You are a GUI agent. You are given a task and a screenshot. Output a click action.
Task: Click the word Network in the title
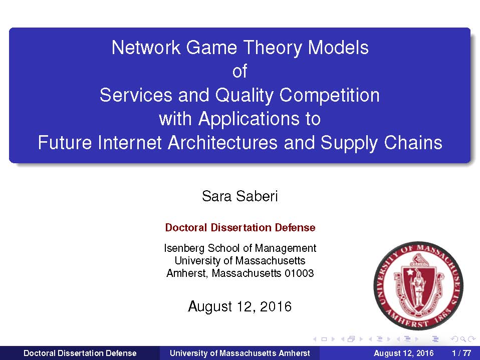(x=146, y=48)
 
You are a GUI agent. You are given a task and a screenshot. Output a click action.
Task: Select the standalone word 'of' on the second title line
(x=239, y=71)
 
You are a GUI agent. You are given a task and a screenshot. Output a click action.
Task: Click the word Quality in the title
(x=244, y=96)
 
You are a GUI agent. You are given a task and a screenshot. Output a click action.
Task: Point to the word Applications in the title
(x=249, y=119)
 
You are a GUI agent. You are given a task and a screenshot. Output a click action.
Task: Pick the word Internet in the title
(x=129, y=143)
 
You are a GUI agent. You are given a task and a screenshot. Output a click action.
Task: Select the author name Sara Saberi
(x=239, y=196)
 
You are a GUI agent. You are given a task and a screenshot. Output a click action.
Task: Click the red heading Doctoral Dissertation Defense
(x=240, y=227)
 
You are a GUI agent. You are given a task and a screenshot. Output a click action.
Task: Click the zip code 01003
(x=299, y=273)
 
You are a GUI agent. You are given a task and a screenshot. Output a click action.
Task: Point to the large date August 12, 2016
(x=239, y=306)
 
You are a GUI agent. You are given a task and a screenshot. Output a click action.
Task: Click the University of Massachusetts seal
(x=418, y=286)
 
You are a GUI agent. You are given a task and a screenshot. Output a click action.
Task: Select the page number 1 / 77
(x=461, y=353)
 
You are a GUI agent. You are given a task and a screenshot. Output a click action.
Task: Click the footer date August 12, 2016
(x=403, y=353)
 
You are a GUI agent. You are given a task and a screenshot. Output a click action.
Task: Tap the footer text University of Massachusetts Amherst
(x=239, y=353)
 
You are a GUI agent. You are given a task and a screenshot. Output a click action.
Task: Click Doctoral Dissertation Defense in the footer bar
(x=80, y=353)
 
